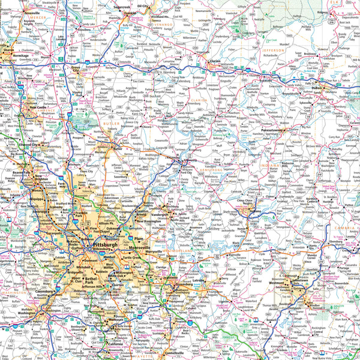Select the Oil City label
tap(143, 6)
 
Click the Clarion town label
tap(215, 61)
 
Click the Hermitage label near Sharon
tap(16, 55)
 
